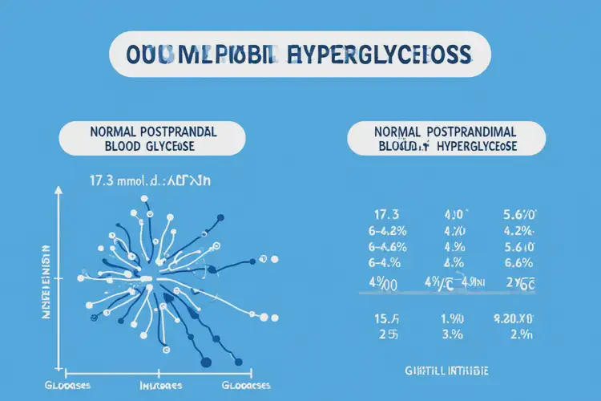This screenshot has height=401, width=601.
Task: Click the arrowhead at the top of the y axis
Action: click(58, 191)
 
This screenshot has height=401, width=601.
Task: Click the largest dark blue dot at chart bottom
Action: click(206, 362)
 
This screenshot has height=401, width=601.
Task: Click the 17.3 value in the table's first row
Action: click(387, 215)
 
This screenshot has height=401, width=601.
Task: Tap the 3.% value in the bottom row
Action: click(454, 334)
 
